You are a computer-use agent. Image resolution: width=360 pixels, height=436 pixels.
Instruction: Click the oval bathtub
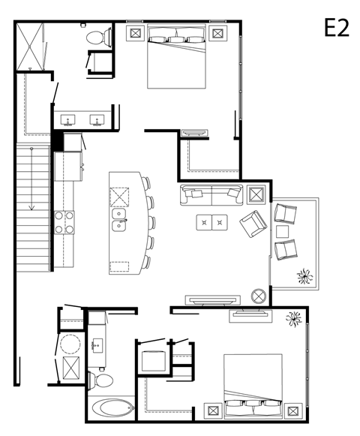tap(111, 408)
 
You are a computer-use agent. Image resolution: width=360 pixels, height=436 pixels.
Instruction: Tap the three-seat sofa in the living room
tap(211, 195)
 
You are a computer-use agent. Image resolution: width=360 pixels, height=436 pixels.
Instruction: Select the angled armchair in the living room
tap(252, 224)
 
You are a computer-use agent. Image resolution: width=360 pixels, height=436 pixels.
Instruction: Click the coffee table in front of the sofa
tap(212, 222)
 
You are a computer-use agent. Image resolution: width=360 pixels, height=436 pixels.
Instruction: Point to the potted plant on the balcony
tap(304, 276)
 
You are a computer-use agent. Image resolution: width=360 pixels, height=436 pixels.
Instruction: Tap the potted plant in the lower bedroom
tap(293, 318)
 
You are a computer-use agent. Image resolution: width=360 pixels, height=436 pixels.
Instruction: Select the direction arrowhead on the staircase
tap(31, 206)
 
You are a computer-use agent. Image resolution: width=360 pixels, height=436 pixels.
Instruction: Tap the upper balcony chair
tap(286, 214)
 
